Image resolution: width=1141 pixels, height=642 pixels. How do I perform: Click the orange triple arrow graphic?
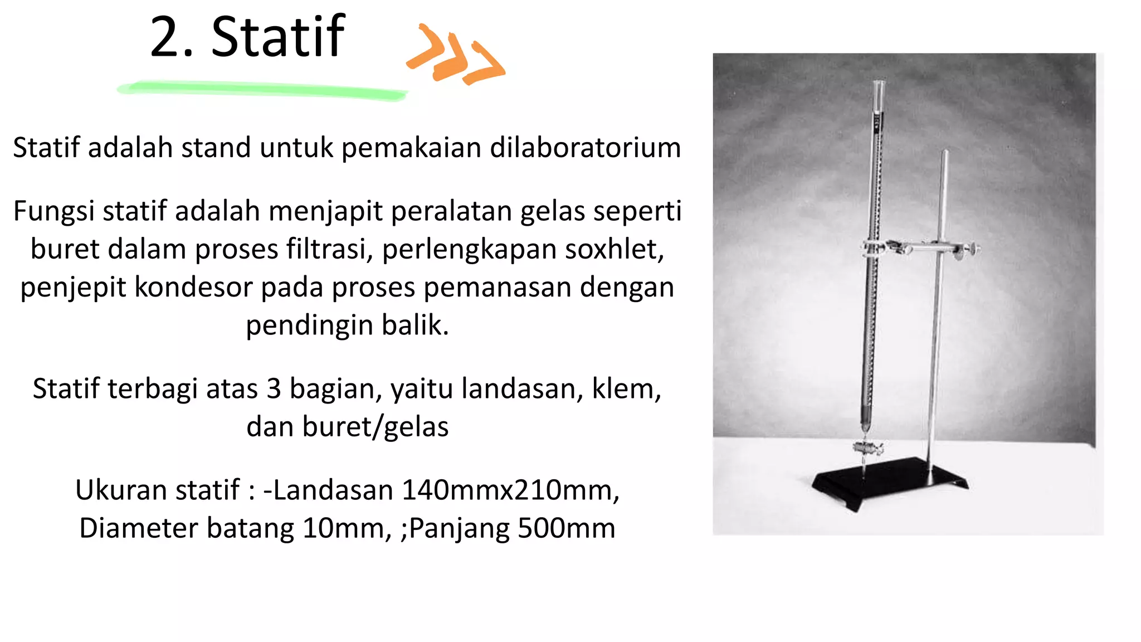(x=456, y=55)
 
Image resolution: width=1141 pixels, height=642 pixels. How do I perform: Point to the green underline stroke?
(x=262, y=90)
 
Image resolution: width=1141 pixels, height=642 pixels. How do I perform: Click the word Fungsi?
(x=53, y=212)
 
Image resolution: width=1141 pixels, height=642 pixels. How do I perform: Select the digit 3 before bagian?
(x=274, y=389)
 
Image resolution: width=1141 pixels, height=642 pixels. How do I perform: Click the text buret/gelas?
(x=347, y=427)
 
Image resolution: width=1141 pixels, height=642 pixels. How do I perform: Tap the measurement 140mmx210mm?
(x=510, y=490)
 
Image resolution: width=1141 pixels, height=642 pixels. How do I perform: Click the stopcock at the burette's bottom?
(x=867, y=447)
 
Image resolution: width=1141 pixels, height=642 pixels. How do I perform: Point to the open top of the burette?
(x=879, y=84)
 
